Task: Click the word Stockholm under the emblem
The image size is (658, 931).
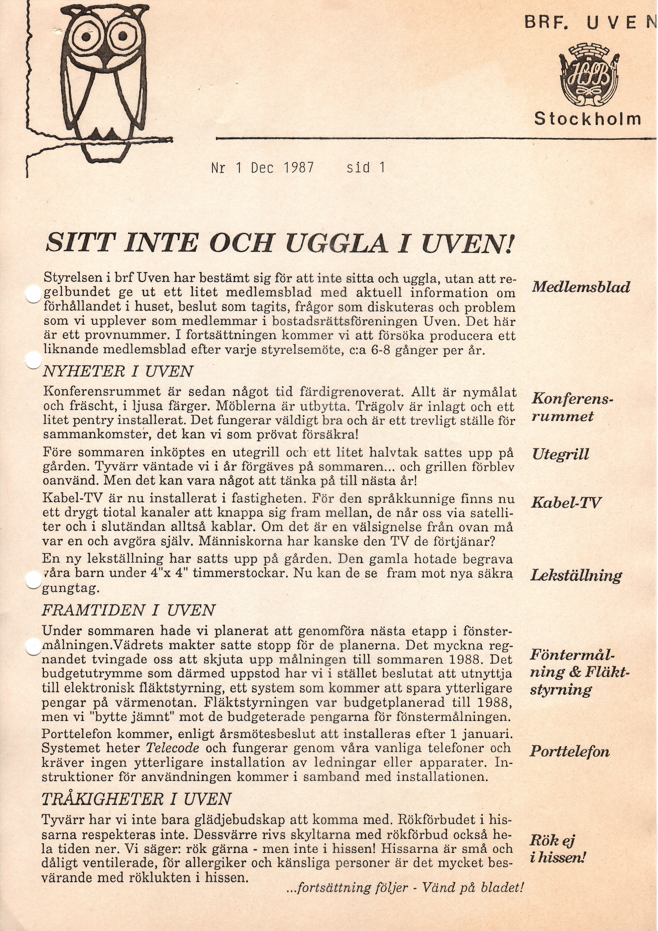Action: [587, 119]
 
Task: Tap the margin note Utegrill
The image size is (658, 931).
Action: [561, 454]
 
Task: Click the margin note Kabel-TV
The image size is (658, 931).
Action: [566, 503]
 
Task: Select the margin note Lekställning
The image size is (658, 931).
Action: [576, 575]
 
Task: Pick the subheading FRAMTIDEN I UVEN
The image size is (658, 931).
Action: [128, 610]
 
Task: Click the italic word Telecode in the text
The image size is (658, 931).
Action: [172, 748]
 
